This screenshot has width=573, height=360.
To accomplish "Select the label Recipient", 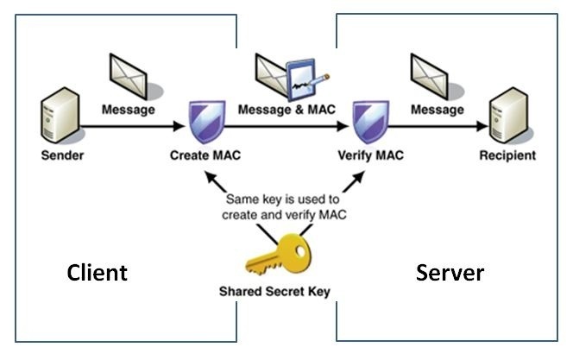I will coord(509,156).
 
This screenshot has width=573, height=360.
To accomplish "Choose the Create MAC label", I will coord(205,157).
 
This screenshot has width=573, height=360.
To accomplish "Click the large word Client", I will coord(98,273).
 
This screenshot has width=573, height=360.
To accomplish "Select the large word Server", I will coord(450,273).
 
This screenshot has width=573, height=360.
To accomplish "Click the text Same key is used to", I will coord(283,200).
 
